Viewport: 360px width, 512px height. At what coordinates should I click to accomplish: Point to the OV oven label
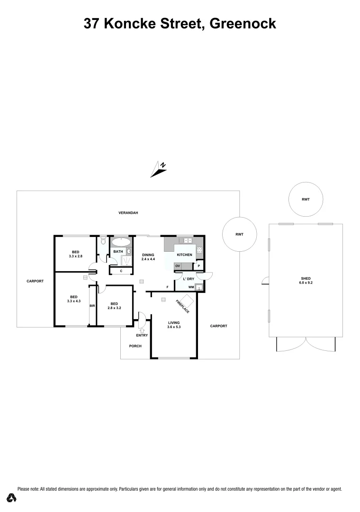click(x=178, y=266)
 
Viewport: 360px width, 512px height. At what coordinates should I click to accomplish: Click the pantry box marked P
click(x=199, y=266)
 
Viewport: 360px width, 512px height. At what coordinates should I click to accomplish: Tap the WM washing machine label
click(x=190, y=287)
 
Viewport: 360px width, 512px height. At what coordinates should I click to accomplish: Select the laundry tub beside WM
click(x=199, y=287)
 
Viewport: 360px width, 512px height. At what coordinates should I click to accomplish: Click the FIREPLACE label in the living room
click(x=183, y=306)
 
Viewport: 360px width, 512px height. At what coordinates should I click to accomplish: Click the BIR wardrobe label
click(x=92, y=306)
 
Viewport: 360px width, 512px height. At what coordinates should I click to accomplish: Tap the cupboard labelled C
click(x=121, y=271)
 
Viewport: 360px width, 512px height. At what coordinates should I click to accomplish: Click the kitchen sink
click(x=188, y=241)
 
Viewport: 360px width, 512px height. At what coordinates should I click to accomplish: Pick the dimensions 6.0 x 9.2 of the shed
click(x=306, y=283)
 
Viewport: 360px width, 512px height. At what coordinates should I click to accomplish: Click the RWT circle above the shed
click(x=306, y=200)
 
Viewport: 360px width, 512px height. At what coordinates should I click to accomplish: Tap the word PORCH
click(x=135, y=346)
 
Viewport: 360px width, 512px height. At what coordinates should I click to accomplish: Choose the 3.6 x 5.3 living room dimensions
click(x=173, y=327)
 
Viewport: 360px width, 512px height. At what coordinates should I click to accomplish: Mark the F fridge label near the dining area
click(x=167, y=287)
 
